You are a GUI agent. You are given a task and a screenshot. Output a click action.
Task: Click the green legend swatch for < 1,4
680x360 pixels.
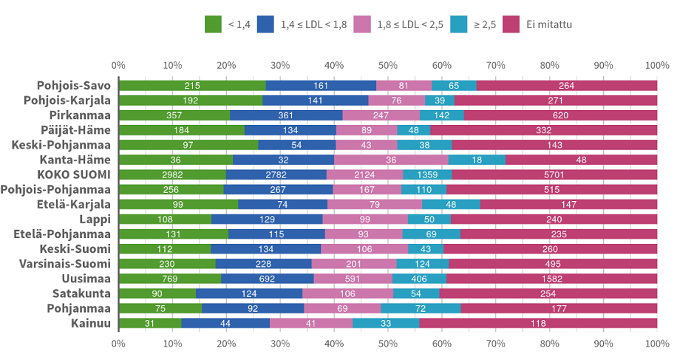(213, 25)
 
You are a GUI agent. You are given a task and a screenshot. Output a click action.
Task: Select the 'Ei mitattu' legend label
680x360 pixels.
(549, 25)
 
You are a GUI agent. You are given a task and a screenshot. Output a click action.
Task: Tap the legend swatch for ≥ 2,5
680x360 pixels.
(455, 25)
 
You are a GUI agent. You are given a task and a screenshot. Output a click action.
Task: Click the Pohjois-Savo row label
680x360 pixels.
(75, 86)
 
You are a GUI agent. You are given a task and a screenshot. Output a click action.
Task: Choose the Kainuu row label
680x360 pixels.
(91, 323)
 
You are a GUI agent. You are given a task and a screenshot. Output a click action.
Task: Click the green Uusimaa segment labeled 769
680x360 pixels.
(170, 279)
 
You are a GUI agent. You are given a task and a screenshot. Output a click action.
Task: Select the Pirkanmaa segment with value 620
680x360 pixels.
(560, 115)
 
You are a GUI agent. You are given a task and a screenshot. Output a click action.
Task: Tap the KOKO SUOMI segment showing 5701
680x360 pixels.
(554, 174)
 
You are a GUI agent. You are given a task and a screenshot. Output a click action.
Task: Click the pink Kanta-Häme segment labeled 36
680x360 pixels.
(391, 160)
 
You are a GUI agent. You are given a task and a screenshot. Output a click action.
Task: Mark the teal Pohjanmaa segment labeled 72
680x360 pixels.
(421, 308)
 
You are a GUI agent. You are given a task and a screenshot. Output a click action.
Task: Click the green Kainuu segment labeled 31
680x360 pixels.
(150, 323)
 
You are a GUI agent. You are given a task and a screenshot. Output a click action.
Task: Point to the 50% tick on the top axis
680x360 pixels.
(388, 65)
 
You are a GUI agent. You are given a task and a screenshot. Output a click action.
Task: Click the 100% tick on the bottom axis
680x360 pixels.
(657, 344)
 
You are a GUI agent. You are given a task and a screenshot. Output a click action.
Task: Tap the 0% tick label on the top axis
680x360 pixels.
(118, 65)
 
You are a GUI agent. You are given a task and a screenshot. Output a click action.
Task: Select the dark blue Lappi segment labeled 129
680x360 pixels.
(267, 220)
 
